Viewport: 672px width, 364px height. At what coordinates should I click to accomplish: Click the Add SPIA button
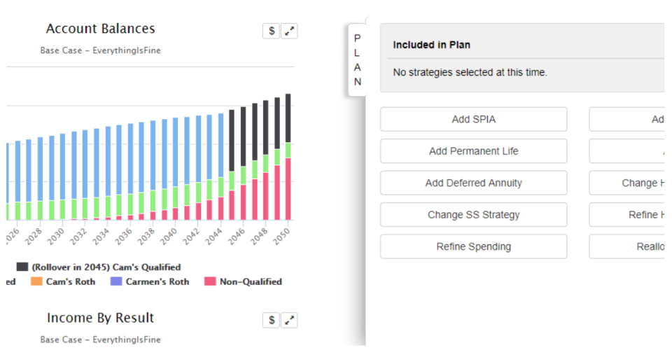pos(473,120)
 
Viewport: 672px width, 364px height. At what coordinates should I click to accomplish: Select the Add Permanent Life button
pos(473,151)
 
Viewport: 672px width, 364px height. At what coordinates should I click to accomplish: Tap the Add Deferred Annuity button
pos(473,183)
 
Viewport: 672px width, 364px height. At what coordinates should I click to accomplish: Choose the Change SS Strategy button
pos(473,215)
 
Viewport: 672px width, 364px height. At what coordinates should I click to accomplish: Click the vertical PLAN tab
pos(357,60)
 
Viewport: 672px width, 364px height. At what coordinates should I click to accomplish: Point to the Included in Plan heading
pos(431,45)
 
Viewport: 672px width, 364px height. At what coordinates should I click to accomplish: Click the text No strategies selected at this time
pos(470,72)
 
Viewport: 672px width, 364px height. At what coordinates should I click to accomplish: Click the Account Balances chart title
pos(100,29)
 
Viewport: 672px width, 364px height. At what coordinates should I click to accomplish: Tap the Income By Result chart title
pos(100,318)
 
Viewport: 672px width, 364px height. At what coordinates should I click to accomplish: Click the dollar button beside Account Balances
pos(271,31)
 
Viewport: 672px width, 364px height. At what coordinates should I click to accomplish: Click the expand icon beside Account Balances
pos(289,31)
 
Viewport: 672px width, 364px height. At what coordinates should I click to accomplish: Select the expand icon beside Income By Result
pos(289,320)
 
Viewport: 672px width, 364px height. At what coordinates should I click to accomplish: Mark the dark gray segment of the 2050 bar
pos(288,118)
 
